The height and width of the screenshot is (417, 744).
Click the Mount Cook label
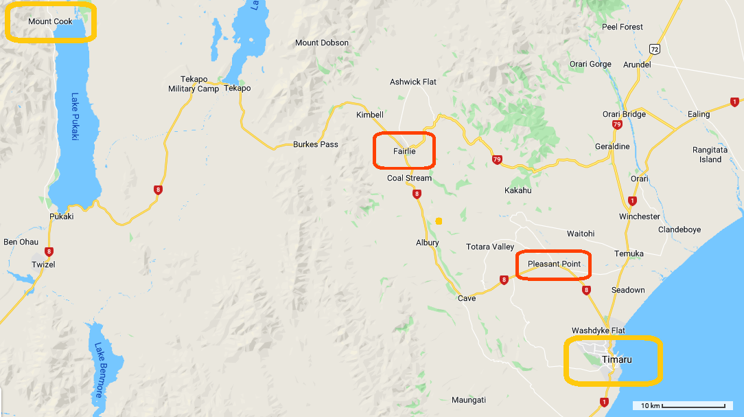50,21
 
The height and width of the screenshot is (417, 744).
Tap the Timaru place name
616,359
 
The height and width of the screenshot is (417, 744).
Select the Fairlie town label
404,152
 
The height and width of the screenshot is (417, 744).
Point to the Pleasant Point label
554,264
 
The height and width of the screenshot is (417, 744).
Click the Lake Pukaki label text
75,117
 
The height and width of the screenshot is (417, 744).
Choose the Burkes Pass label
315,144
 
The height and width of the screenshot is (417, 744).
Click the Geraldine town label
612,146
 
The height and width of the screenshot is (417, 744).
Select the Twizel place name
43,264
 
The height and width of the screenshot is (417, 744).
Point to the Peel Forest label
623,27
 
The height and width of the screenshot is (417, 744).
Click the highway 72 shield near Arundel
655,49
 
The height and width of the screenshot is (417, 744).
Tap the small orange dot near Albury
439,221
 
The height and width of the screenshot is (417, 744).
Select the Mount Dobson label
322,43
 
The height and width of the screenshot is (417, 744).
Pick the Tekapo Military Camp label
194,84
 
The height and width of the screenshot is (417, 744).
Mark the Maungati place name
469,400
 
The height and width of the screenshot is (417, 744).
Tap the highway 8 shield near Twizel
49,251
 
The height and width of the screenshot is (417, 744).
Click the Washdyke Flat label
598,330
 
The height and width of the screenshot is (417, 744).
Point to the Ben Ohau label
21,242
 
